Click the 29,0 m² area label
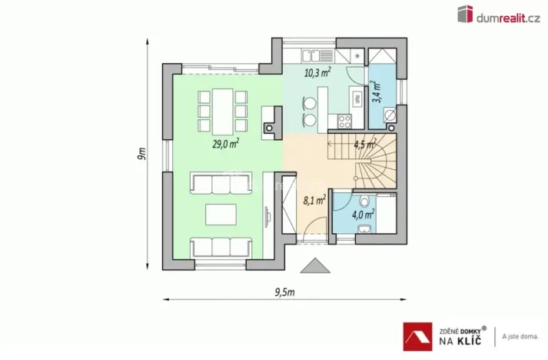tap(225, 142)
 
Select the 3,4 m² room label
tap(377, 92)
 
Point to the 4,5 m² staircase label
tap(363, 144)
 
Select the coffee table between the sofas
tap(221, 213)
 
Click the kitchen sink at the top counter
tap(317, 55)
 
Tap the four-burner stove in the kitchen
tap(344, 120)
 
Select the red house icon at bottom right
tap(417, 335)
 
